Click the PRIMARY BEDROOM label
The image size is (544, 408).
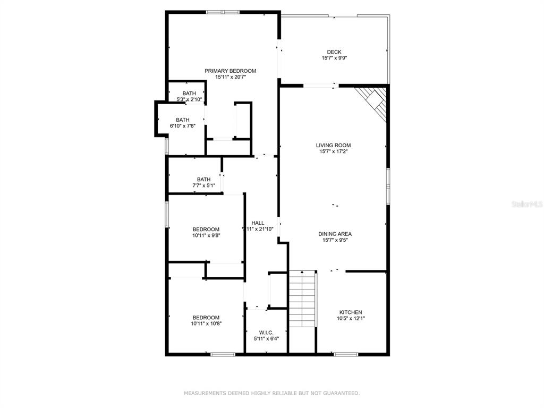pyautogui.click(x=231, y=71)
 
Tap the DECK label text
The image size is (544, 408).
pyautogui.click(x=334, y=52)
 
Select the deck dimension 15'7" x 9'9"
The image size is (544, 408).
pyautogui.click(x=335, y=58)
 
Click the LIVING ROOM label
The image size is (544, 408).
pyautogui.click(x=334, y=146)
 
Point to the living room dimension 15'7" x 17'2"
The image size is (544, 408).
pyautogui.click(x=334, y=151)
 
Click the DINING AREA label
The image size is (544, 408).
pyautogui.click(x=335, y=234)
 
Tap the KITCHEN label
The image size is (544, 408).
pyautogui.click(x=351, y=312)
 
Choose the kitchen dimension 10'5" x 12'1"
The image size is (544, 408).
pyautogui.click(x=351, y=319)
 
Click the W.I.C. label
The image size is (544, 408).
pyautogui.click(x=267, y=333)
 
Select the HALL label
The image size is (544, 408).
pyautogui.click(x=258, y=223)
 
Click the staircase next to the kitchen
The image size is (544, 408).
pyautogui.click(x=302, y=299)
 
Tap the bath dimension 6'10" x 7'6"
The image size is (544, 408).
pyautogui.click(x=183, y=126)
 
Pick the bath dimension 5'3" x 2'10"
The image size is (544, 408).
pyautogui.click(x=189, y=99)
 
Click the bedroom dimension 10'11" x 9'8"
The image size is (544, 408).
pyautogui.click(x=206, y=235)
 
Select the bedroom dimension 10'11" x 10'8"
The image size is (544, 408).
pyautogui.click(x=206, y=324)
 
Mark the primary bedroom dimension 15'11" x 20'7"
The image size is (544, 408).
pyautogui.click(x=231, y=77)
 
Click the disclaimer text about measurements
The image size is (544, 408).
pyautogui.click(x=271, y=393)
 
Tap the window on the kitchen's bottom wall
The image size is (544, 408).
pyautogui.click(x=346, y=354)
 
